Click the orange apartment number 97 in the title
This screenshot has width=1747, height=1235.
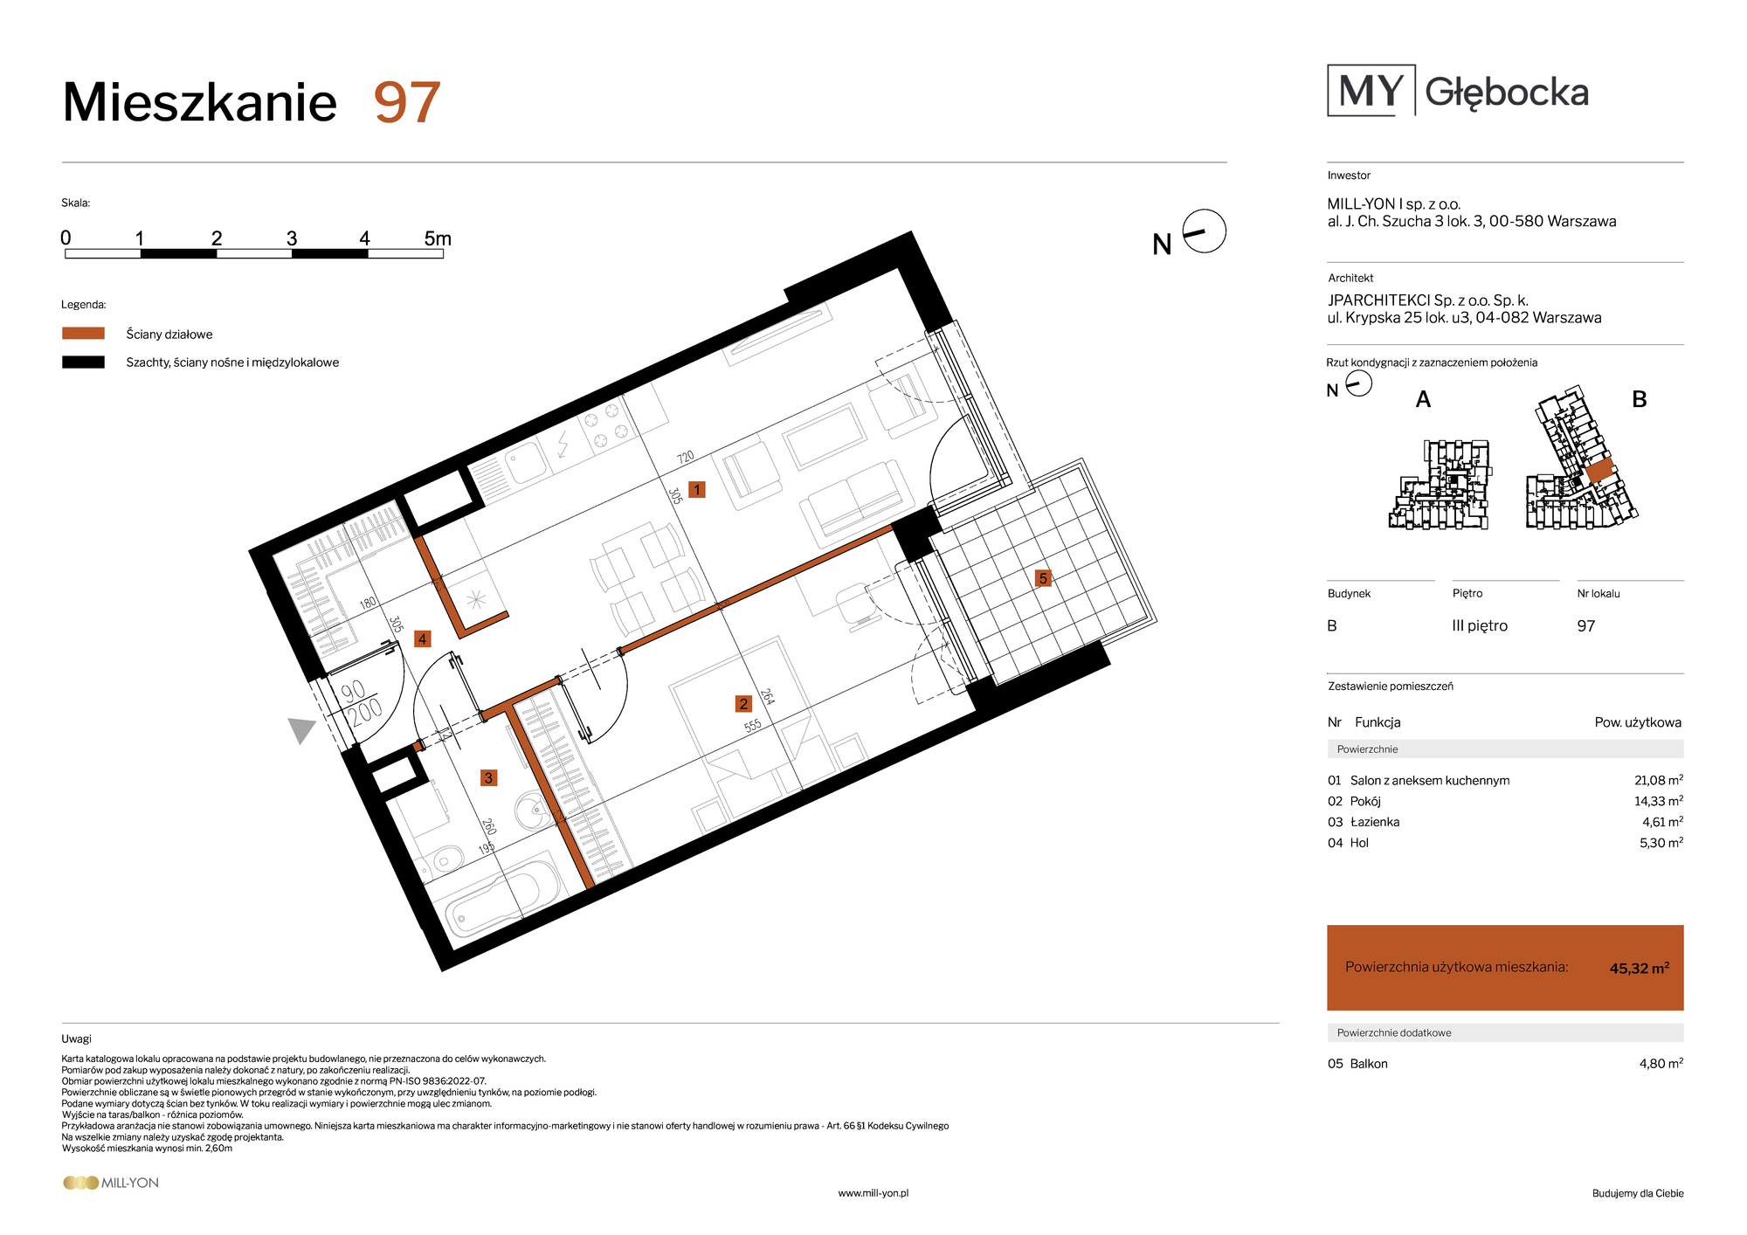407,103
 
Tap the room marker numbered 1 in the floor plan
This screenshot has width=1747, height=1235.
697,489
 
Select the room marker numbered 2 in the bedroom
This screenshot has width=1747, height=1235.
743,704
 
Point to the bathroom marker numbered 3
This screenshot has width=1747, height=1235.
488,777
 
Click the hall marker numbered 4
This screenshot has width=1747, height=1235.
423,639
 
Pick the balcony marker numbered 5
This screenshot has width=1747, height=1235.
1042,578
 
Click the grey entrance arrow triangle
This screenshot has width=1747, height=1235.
301,729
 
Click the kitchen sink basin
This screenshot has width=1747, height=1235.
527,463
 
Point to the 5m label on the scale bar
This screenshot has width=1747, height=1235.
438,238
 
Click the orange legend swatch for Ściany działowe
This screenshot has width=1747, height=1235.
83,334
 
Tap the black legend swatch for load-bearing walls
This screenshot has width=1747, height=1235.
83,362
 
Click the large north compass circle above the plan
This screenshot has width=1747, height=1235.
1205,231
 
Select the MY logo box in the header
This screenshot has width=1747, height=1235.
1371,90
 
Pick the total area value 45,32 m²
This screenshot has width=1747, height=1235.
1640,968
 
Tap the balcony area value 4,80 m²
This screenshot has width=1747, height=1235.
1661,1063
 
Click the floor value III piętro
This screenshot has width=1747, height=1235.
1480,626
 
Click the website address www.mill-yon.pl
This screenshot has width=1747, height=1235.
873,1193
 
